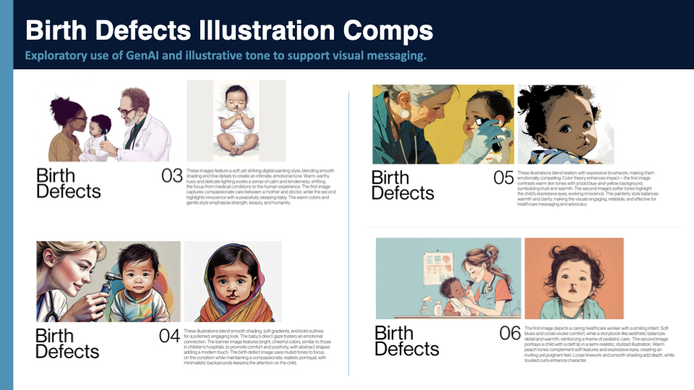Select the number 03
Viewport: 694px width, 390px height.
click(x=171, y=175)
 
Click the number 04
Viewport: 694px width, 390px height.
click(x=169, y=337)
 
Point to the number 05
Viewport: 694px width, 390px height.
click(x=503, y=178)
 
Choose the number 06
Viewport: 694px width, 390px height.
click(x=510, y=333)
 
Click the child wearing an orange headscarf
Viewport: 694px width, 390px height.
click(x=230, y=282)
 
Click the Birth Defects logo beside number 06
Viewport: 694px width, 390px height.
click(x=407, y=340)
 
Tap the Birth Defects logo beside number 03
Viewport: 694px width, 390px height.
click(x=69, y=183)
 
